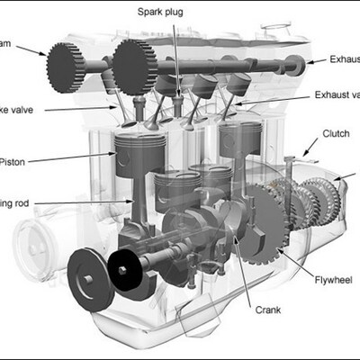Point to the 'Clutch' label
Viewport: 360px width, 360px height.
338,134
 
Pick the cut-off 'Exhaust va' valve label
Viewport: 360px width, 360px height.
337,94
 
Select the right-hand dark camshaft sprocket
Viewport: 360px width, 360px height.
135,63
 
